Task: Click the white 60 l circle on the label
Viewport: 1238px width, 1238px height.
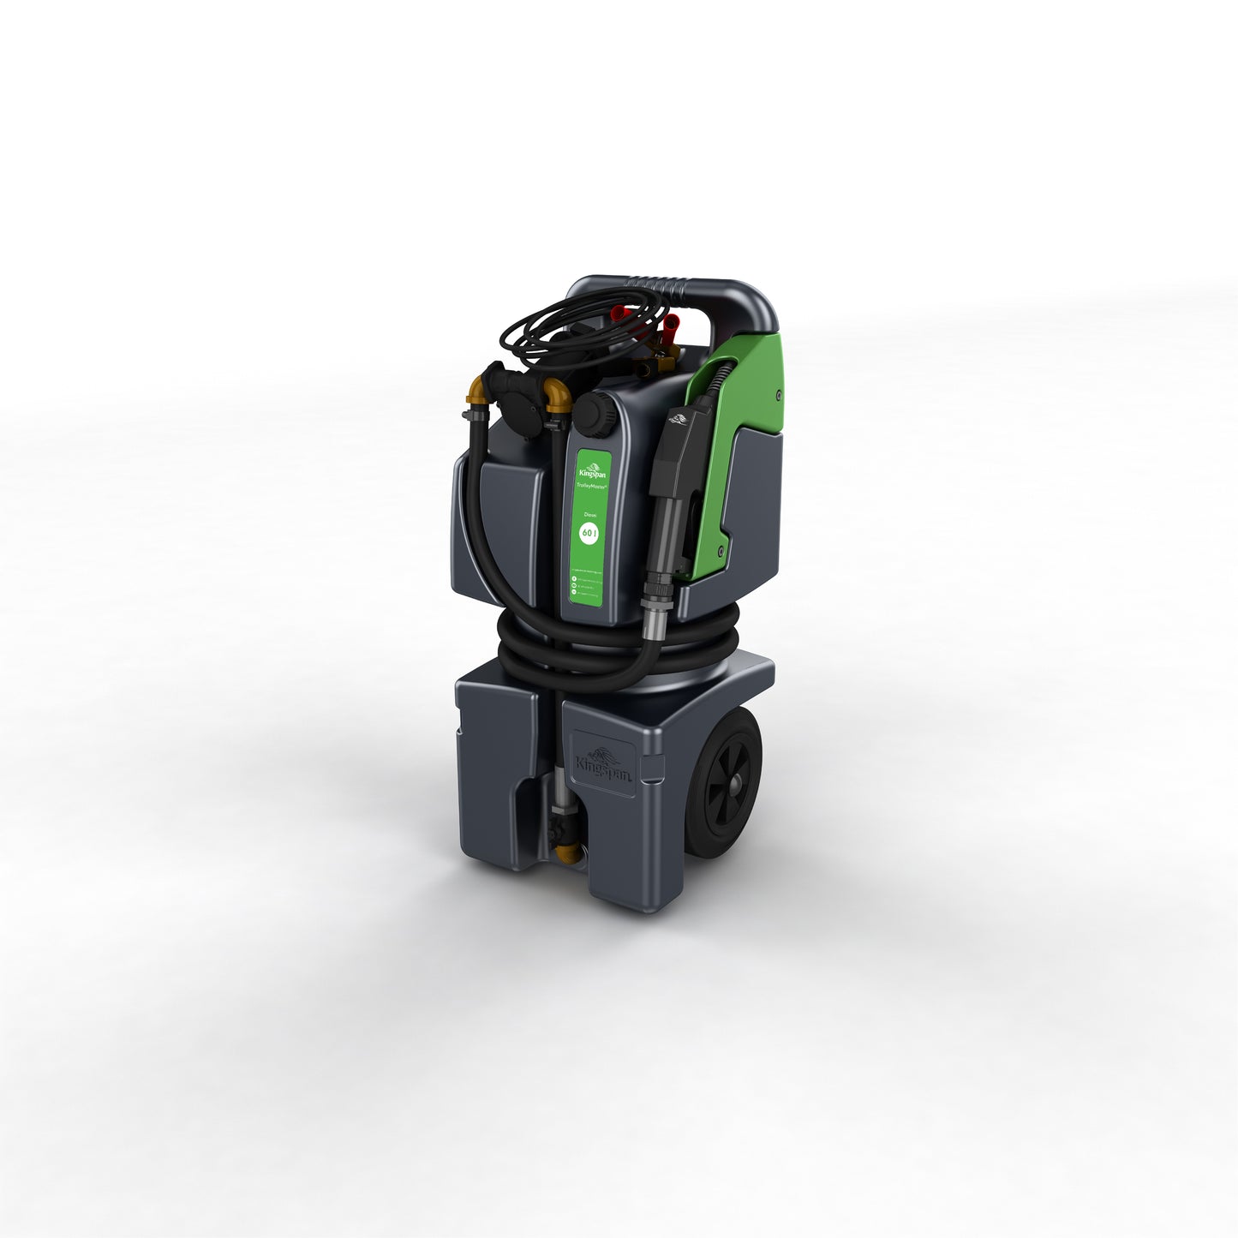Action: (589, 533)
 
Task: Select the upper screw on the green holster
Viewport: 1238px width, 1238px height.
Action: (776, 394)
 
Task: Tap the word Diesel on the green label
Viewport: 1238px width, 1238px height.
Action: (589, 514)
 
